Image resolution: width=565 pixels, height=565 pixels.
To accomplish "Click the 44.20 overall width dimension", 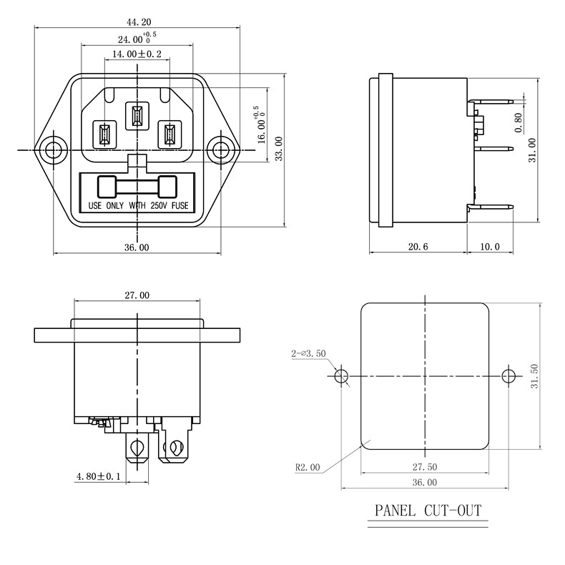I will (x=137, y=22).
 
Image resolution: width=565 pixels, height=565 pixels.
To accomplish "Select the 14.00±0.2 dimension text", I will (x=136, y=54).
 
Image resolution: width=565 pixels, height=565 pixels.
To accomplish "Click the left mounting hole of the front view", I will (x=52, y=150).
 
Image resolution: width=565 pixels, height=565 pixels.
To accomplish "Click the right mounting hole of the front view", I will (x=221, y=150).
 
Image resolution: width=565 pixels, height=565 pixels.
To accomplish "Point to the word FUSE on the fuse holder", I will (x=180, y=206).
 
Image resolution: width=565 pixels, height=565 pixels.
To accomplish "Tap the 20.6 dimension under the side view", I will (x=418, y=247).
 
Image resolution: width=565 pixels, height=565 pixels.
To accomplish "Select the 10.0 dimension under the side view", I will (x=490, y=247).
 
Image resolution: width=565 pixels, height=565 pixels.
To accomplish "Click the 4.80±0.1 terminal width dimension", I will (x=99, y=476).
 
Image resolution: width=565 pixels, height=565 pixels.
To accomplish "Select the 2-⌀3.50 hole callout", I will (x=308, y=353).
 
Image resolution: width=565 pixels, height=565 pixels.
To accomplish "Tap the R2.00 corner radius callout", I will (x=308, y=468).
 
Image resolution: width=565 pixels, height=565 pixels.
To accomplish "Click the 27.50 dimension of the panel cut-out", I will (x=423, y=466).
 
